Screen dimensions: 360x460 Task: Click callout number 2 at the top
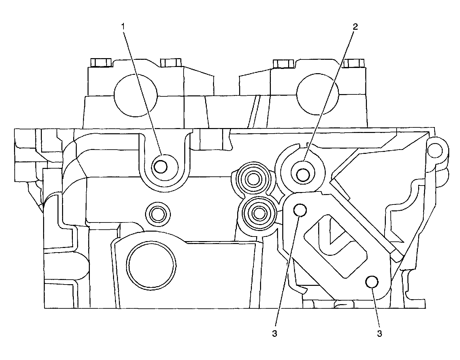(x=355, y=27)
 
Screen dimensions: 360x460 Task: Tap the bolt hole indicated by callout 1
(x=160, y=167)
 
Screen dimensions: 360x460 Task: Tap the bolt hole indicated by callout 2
(x=303, y=175)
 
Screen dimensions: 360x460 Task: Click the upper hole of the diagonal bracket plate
(x=300, y=210)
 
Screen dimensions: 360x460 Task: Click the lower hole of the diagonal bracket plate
(x=372, y=282)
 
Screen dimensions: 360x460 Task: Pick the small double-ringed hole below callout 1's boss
(x=158, y=214)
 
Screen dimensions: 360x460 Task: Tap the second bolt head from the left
(x=171, y=62)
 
